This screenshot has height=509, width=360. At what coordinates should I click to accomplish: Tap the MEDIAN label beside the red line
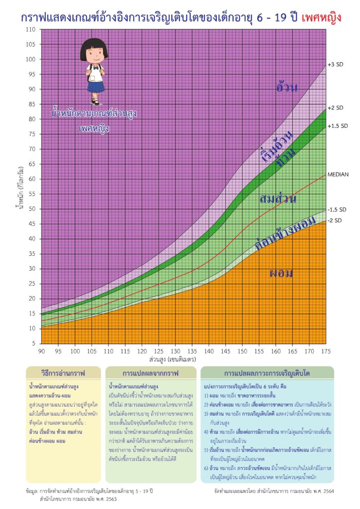pos(338,174)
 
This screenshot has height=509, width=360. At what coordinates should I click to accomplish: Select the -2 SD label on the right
pos(334,220)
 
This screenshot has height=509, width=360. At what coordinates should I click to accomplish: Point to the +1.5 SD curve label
pos(338,126)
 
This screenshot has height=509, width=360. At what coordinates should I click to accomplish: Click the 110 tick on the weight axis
pos(31,30)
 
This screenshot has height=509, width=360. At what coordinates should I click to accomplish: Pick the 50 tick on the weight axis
pos(32,209)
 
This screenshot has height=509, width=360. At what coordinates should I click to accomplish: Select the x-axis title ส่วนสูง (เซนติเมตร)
pos(172,358)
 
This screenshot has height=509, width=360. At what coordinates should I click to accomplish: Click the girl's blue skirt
pos(96,87)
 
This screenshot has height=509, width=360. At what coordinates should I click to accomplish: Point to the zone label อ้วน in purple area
pos(287,87)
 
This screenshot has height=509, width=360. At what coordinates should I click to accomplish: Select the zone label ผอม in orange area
pos(281,273)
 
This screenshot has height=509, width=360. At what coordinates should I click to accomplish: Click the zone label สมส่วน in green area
pos(277,199)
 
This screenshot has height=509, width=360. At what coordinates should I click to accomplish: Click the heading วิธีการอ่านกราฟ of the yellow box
pos(63,372)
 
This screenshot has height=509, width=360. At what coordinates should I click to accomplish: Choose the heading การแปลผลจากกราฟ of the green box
pos(150,372)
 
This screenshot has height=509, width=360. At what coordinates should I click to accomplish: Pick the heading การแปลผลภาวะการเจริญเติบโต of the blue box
pos(267,372)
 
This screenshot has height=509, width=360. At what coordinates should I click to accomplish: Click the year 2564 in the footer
pos(328,491)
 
